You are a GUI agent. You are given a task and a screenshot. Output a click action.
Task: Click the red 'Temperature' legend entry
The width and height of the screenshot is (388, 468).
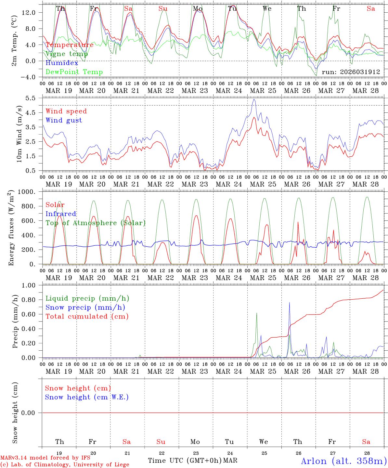70,45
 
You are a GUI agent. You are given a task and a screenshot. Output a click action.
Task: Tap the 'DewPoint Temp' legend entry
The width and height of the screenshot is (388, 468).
74,72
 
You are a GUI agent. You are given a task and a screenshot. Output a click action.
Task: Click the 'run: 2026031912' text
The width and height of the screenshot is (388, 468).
351,72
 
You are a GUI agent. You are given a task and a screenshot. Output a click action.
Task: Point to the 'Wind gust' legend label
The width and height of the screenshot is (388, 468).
64,120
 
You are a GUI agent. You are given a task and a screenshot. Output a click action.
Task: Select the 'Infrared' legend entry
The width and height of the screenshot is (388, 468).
61,214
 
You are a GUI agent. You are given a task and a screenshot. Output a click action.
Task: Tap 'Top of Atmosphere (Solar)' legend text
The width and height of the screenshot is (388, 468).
96,223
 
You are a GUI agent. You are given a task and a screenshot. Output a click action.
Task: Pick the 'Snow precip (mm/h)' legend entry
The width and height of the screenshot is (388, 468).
85,307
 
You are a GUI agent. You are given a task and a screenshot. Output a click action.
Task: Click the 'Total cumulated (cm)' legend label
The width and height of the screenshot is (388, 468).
87,316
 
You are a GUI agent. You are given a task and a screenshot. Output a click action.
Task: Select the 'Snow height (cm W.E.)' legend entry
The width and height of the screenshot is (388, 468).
87,397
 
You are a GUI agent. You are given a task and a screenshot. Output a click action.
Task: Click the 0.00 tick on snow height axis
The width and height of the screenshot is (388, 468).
32,413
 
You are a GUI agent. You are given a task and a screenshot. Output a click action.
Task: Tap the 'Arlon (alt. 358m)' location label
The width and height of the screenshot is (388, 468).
344,461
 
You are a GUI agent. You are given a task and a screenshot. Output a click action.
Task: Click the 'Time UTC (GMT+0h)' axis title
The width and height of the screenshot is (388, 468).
185,461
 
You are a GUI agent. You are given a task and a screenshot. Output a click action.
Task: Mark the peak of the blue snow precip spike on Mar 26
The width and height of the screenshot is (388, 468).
290,302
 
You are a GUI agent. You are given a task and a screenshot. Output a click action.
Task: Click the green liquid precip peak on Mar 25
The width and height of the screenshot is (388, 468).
257,313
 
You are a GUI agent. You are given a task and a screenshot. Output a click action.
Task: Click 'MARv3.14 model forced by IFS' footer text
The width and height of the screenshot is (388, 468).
45,458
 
